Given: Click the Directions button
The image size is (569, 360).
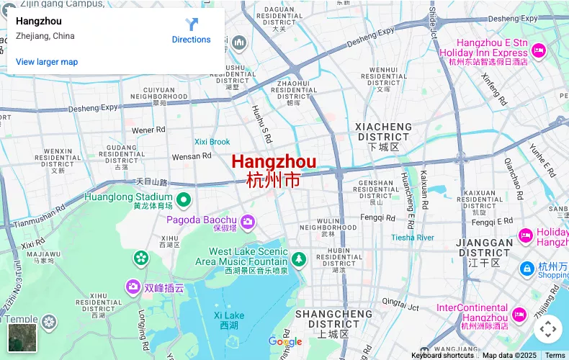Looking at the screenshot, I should [192, 30].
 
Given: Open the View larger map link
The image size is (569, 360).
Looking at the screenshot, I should [47, 62].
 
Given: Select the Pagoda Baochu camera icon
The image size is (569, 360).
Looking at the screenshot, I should [248, 220].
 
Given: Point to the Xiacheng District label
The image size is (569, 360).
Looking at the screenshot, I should [383, 132].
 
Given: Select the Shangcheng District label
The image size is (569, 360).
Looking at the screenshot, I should [333, 319].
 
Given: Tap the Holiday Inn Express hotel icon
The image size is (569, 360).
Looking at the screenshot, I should [539, 50].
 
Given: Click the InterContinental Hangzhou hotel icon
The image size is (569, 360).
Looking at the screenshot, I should [519, 314].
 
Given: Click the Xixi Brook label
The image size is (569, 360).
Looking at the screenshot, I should [212, 142].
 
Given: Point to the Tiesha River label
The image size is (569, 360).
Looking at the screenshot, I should [413, 238].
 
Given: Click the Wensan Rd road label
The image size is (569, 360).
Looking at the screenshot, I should [192, 156].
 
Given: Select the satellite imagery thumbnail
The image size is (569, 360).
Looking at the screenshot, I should [22, 338].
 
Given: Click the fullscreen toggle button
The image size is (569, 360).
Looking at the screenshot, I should [547, 330].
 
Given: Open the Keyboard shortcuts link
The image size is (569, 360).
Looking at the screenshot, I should [442, 355].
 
